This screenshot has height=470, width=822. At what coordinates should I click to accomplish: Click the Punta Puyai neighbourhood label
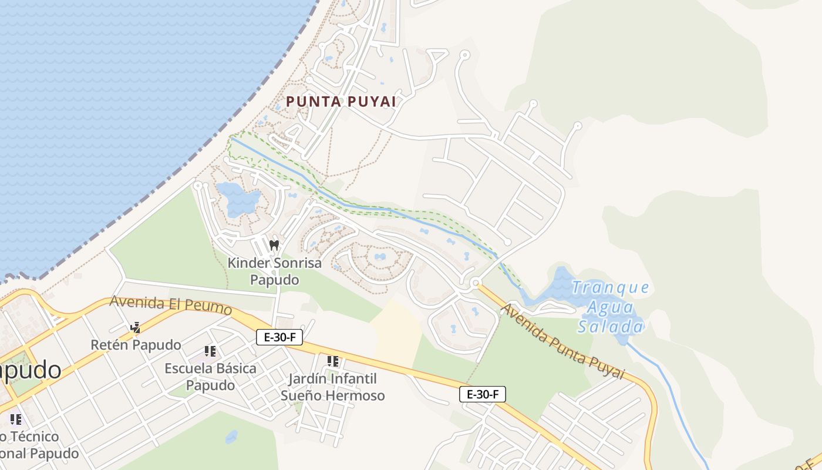point(341,102)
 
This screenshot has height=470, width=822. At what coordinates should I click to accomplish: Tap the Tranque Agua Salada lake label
point(611,307)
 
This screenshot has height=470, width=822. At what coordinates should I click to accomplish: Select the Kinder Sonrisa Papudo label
point(274,271)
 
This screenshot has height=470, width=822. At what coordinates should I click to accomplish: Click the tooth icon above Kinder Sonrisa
point(274,244)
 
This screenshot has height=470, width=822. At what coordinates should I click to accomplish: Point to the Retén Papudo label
point(136,345)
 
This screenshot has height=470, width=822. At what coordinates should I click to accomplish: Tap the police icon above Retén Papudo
point(136,327)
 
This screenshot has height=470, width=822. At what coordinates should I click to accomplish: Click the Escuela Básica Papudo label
point(210,377)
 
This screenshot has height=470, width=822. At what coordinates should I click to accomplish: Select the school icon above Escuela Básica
point(210,351)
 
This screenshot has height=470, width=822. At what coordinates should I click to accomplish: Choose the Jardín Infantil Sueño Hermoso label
point(332,387)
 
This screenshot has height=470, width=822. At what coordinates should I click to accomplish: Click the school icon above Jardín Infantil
point(333,361)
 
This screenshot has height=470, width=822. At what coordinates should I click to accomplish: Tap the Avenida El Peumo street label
point(170,305)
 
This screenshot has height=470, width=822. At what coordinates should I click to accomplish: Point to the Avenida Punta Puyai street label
point(562,342)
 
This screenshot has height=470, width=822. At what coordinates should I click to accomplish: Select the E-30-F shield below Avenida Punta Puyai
point(482,394)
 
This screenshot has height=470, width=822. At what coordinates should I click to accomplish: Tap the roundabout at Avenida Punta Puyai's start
point(475,283)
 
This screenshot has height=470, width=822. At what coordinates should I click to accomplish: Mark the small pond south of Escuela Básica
point(231,437)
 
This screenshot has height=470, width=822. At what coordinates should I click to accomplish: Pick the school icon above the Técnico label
point(16,419)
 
